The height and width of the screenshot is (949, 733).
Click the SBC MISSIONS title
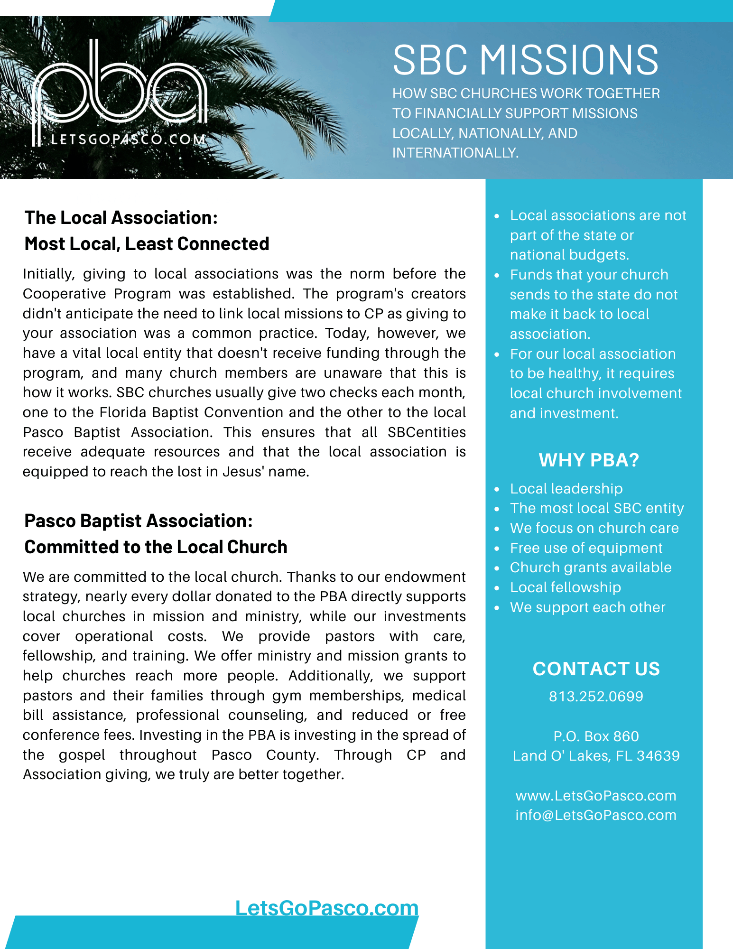[526, 60]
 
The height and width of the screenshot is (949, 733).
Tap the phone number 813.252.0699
[596, 697]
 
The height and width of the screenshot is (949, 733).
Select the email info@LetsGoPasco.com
[596, 815]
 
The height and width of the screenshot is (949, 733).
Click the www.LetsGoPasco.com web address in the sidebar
[596, 795]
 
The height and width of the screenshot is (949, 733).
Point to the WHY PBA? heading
[589, 460]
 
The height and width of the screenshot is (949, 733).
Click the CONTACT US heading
[596, 669]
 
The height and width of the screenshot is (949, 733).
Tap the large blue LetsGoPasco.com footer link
[327, 908]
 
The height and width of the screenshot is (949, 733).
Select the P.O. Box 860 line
[596, 736]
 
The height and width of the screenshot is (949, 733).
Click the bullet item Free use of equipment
[586, 548]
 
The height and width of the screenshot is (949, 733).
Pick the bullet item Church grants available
[591, 568]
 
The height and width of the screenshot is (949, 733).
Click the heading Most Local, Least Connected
[147, 244]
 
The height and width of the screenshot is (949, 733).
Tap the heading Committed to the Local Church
[156, 547]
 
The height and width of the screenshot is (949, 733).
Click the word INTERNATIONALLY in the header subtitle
[455, 153]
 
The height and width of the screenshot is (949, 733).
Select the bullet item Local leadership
[566, 489]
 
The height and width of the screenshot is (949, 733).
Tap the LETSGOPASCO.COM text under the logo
[128, 140]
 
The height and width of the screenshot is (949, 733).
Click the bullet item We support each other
[587, 607]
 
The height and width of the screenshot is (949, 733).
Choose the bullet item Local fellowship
[565, 587]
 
